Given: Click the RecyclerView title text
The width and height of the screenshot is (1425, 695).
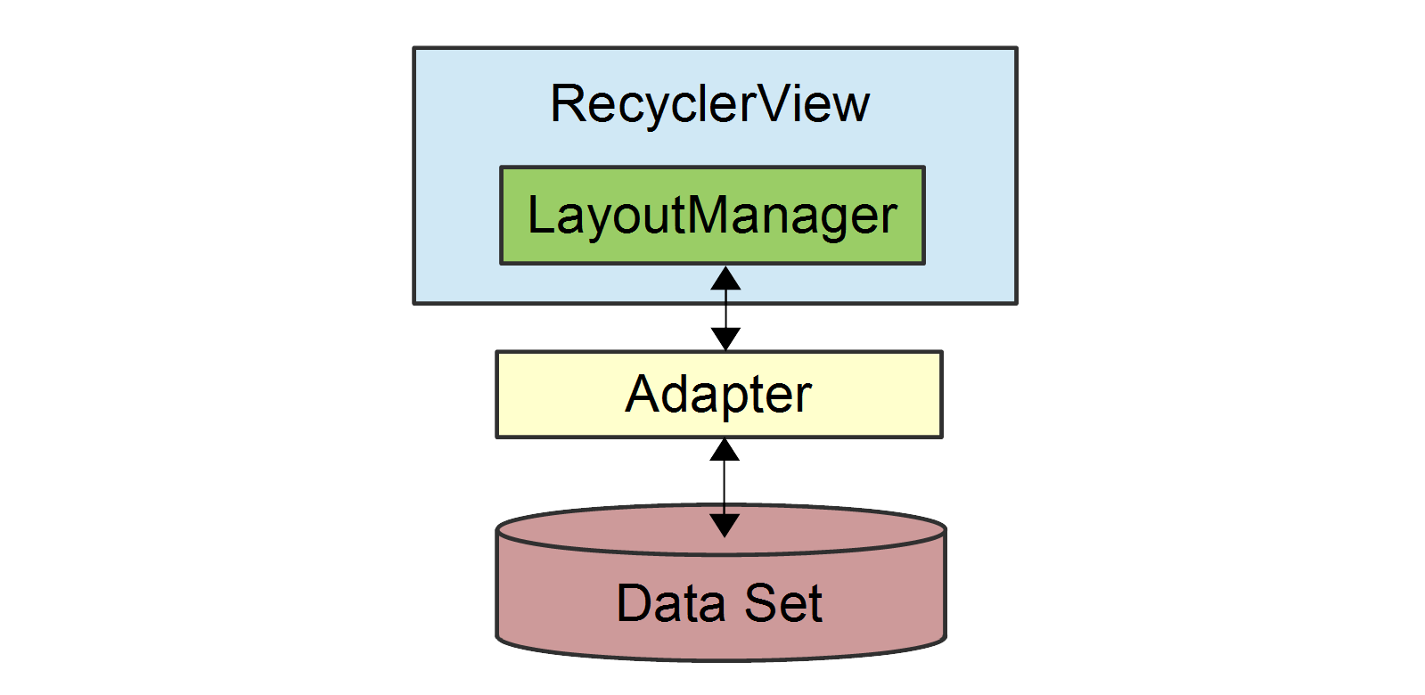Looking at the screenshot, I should point(709,104).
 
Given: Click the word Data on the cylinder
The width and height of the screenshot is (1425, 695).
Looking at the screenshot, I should point(670,603).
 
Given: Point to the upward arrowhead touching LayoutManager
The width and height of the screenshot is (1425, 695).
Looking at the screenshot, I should point(725,279).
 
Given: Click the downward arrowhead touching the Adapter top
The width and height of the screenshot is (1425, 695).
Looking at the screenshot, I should point(725,339).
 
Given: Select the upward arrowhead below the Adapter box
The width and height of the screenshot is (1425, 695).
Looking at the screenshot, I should point(725,450).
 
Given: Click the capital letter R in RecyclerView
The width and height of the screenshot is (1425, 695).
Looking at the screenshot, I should point(568,104).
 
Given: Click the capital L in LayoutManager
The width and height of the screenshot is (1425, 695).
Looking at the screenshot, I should point(540,216).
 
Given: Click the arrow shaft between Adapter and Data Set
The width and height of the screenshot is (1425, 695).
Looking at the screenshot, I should point(725,487).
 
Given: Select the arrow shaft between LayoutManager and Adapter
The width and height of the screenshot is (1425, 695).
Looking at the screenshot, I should point(725,309).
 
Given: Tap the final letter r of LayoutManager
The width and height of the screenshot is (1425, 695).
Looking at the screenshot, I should point(889,219).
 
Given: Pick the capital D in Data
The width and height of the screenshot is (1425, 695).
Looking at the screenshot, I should point(634,603).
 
